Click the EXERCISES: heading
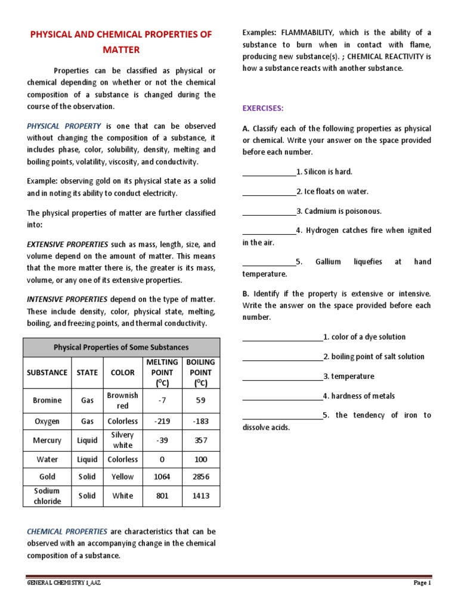point(263,108)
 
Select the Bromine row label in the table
point(47,401)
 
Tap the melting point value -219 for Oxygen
point(162,421)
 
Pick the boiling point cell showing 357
point(200,440)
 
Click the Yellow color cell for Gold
point(123,477)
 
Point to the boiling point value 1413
point(200,496)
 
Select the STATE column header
point(87,372)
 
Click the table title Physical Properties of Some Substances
point(121,347)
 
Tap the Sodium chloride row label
point(47,496)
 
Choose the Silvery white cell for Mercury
point(123,440)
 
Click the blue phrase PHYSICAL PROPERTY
point(64,126)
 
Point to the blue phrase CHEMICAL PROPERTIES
point(67,531)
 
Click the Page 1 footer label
point(422,583)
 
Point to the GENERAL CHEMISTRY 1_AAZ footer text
point(64,583)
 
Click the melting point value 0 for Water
point(162,460)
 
